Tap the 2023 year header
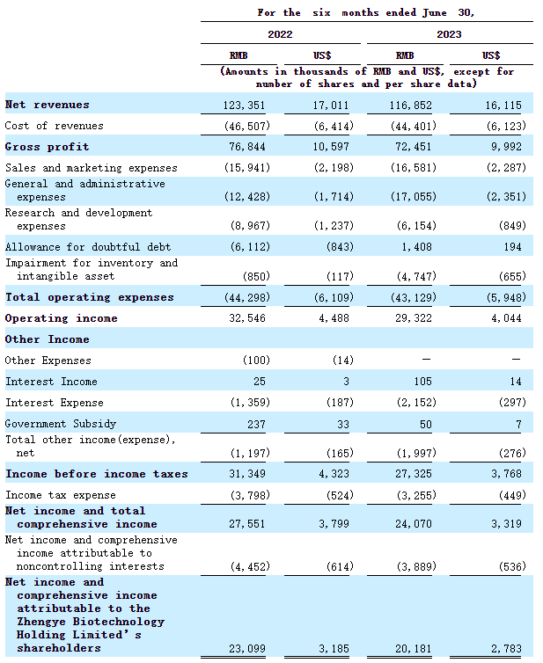click(448, 34)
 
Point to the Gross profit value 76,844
click(247, 147)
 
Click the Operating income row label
click(61, 318)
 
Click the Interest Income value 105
click(427, 382)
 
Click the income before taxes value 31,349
click(247, 474)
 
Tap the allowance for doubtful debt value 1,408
click(418, 247)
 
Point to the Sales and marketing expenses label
click(91, 168)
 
